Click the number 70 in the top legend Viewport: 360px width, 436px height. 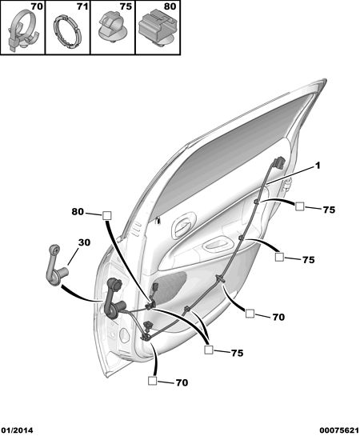37,6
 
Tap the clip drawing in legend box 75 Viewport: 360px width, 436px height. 110,27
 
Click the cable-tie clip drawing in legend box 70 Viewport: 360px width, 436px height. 22,30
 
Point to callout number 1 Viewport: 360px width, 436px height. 318,166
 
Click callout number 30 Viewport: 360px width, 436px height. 84,242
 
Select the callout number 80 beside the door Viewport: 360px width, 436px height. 78,212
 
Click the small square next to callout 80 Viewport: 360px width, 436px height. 107,215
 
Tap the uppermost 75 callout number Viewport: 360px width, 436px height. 329,210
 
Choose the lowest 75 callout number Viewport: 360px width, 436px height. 237,353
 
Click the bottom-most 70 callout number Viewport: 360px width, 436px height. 182,383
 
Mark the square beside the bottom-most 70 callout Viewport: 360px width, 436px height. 152,381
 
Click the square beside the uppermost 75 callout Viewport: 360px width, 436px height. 300,206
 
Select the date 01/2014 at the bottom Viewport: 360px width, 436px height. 17,430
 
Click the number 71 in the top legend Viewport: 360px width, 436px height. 82,6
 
